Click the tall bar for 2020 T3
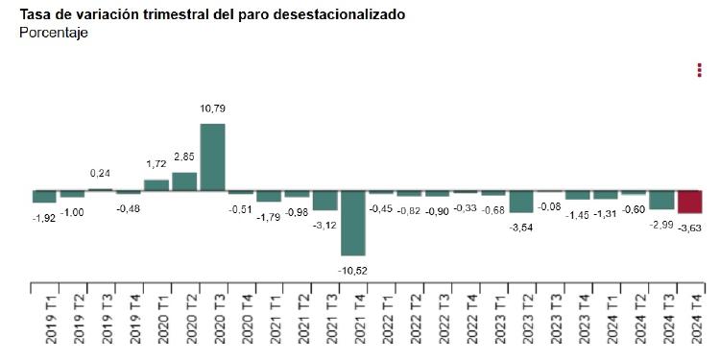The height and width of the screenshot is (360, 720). click(x=213, y=157)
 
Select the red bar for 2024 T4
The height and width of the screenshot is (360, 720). click(x=690, y=202)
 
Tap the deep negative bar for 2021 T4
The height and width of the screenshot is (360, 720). click(x=353, y=223)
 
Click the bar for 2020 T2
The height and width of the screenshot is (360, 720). click(x=184, y=181)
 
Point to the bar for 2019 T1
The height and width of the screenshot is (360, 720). click(x=44, y=197)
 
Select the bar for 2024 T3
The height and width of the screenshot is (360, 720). click(x=661, y=200)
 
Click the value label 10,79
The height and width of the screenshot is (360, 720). click(x=213, y=109)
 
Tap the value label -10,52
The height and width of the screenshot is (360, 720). click(x=353, y=271)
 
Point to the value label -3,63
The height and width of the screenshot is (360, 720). click(x=691, y=228)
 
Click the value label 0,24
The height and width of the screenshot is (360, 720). click(x=100, y=173)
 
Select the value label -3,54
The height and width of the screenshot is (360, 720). click(x=521, y=228)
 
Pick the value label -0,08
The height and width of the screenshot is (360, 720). click(x=549, y=206)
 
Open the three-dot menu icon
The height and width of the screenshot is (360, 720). click(x=699, y=70)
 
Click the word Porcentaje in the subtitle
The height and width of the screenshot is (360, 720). click(x=54, y=33)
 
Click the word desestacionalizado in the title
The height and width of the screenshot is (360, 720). click(x=334, y=15)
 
